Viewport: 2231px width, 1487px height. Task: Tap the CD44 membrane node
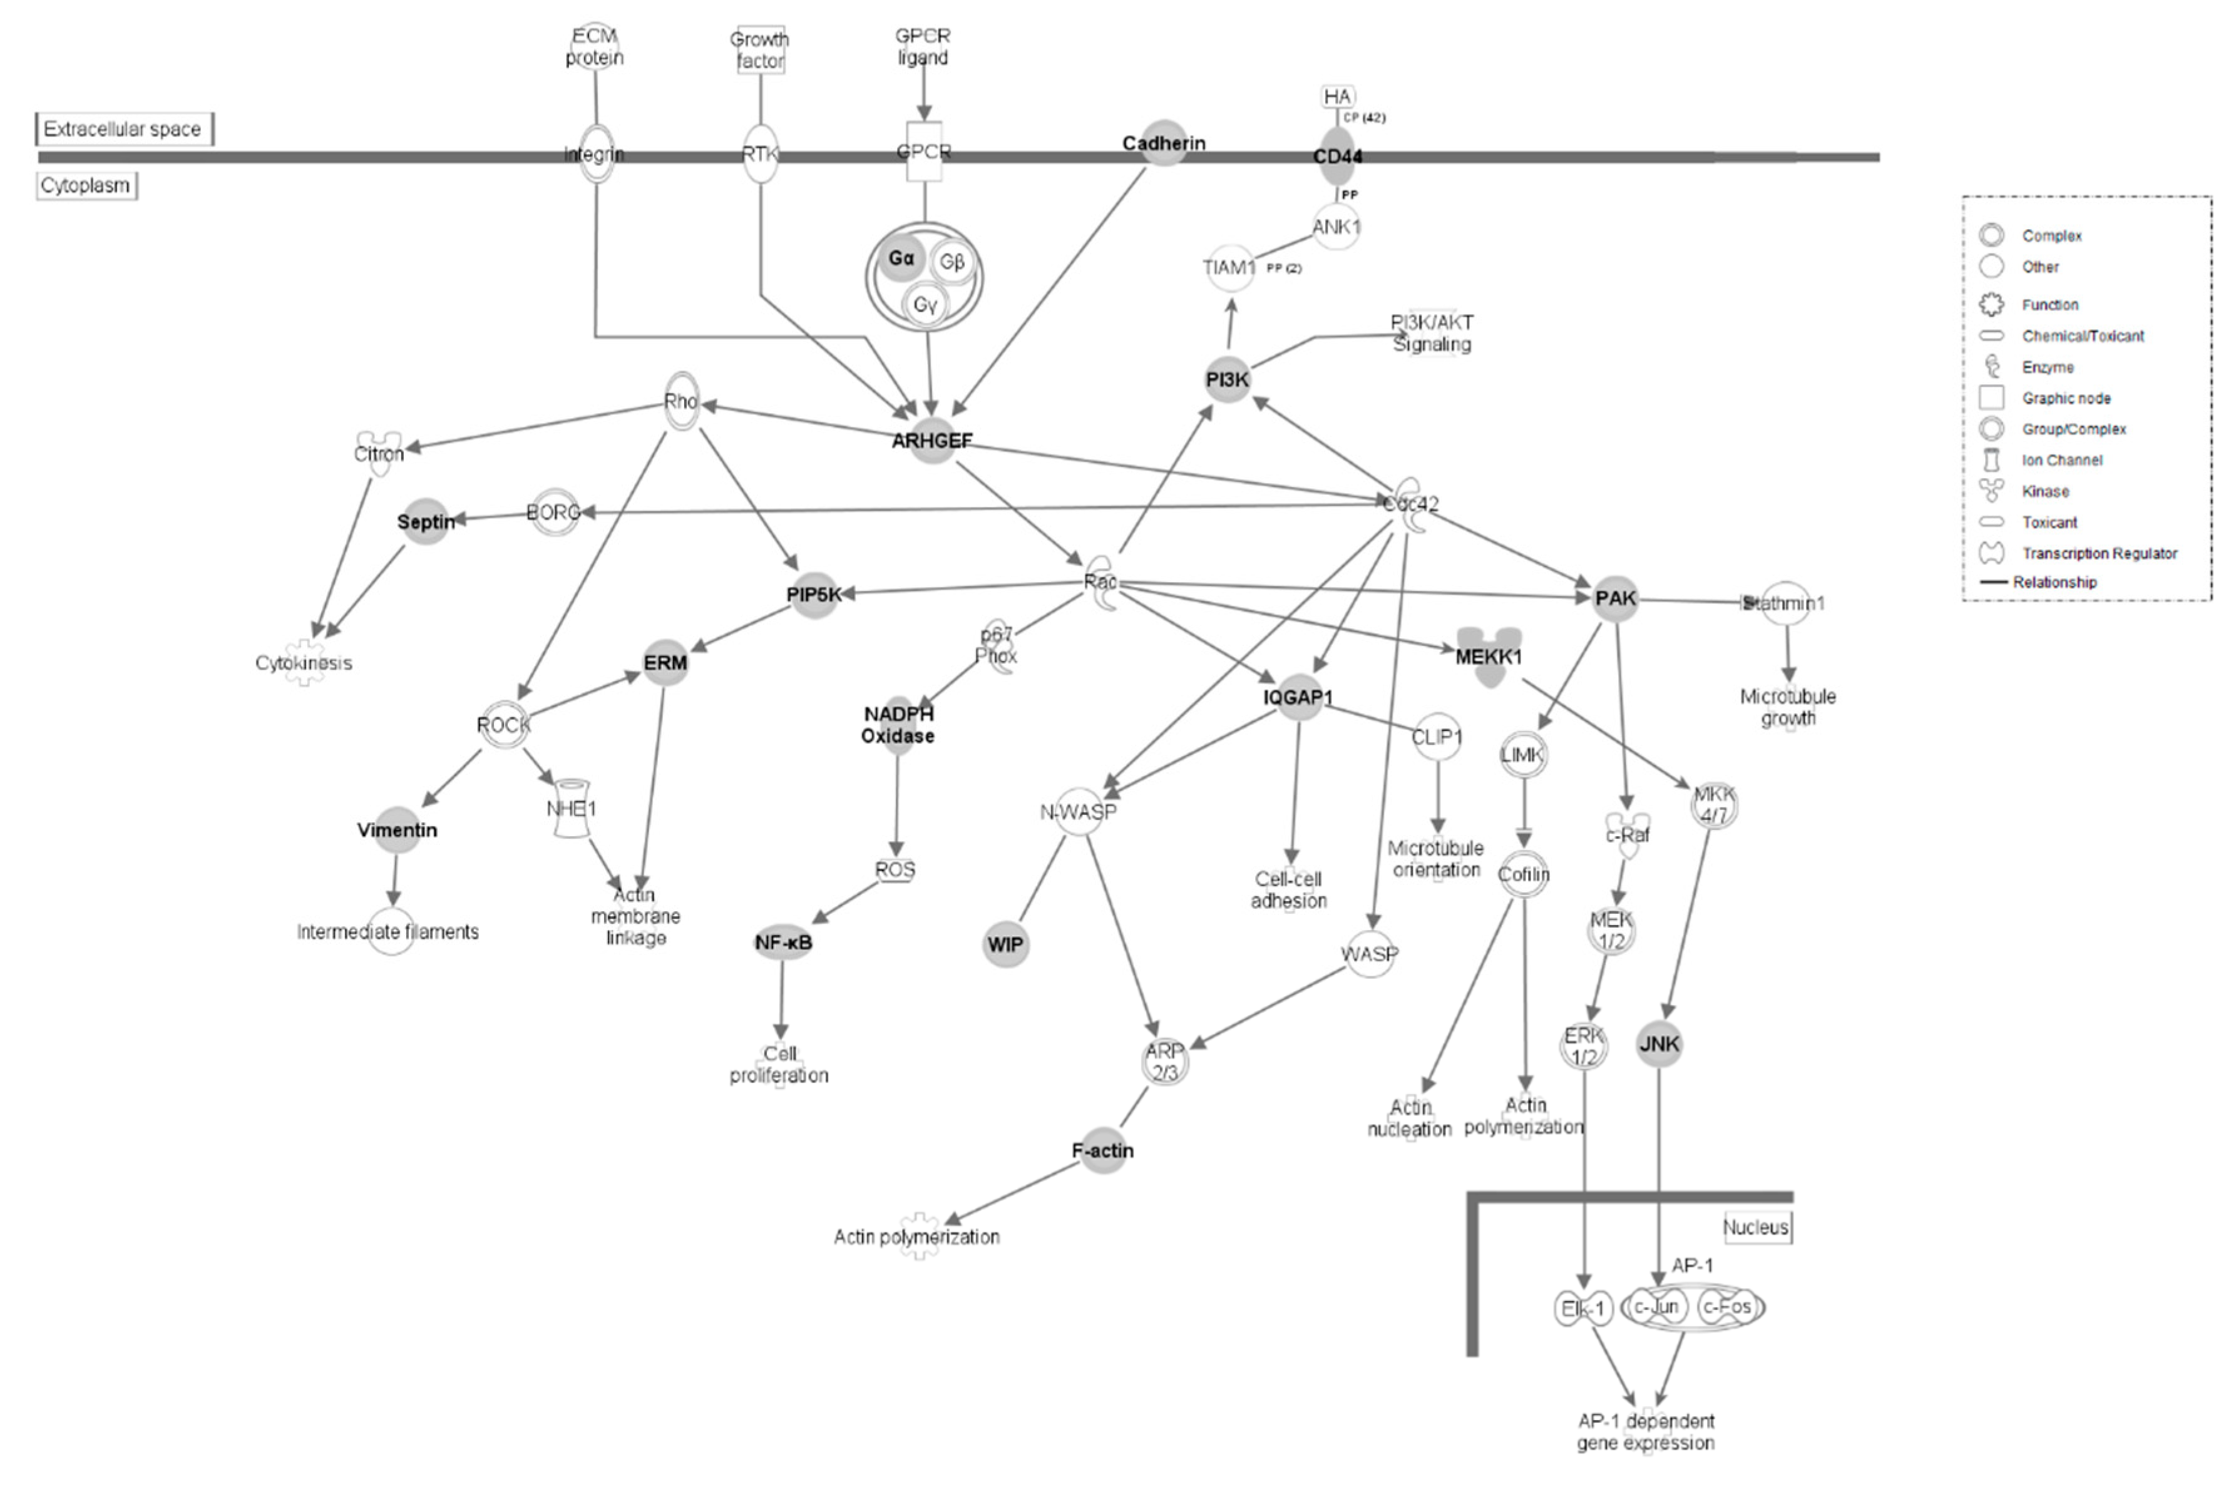pos(1338,156)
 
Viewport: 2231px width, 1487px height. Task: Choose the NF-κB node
pos(782,943)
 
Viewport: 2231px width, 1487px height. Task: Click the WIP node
pos(1005,944)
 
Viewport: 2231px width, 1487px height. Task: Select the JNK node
pos(1659,1044)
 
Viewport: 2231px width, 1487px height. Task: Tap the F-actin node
pos(1103,1150)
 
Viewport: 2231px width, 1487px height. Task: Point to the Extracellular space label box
pos(123,129)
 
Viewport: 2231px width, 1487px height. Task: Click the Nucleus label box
pos(1757,1227)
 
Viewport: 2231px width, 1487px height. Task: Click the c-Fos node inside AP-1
pos(1726,1307)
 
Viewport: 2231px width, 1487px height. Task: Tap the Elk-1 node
pos(1582,1309)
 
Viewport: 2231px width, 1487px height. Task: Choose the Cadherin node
pos(1164,143)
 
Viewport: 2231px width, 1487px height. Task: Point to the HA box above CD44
pos(1338,97)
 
